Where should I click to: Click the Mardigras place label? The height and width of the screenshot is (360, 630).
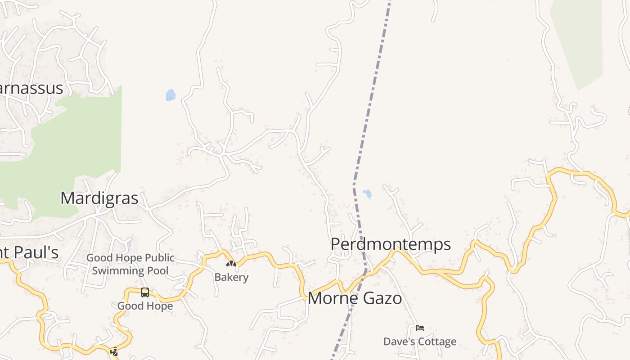click(x=99, y=198)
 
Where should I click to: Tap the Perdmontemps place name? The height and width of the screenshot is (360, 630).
click(x=390, y=244)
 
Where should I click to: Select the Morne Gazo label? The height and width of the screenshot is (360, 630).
click(x=355, y=298)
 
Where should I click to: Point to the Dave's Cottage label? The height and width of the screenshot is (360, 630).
click(x=419, y=342)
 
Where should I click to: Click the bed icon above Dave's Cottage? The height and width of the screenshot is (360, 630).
click(x=420, y=328)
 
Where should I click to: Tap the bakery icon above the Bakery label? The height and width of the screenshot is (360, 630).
click(x=231, y=264)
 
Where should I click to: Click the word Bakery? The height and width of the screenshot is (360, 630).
click(x=231, y=277)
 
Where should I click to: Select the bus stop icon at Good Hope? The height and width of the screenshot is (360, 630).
click(x=145, y=292)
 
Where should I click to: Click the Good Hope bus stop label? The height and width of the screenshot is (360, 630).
click(x=145, y=306)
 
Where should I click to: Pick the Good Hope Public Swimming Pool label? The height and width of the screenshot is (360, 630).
click(x=130, y=264)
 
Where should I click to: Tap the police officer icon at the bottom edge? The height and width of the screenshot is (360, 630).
click(x=114, y=352)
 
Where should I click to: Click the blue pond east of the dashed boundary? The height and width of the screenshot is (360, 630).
click(x=367, y=194)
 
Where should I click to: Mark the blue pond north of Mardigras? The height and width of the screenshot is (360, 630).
click(x=170, y=95)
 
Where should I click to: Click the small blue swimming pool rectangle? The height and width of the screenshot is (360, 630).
click(x=129, y=244)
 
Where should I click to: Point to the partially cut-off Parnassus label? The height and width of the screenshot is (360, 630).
click(x=31, y=88)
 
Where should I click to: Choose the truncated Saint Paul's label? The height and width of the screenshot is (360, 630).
click(x=29, y=252)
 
